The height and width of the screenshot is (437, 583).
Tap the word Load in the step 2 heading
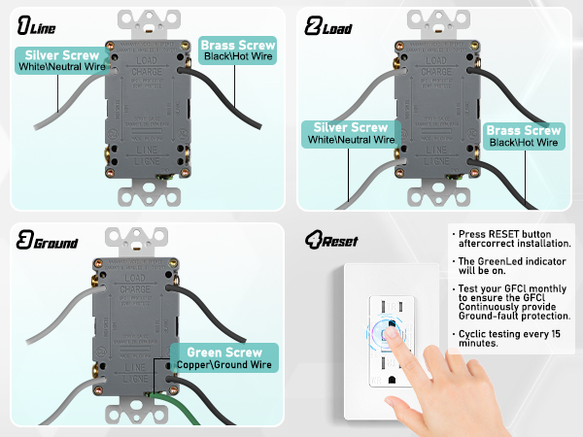pos(338,28)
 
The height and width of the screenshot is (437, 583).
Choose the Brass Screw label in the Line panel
pos(237,45)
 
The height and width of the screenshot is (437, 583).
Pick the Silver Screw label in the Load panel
pos(351,128)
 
